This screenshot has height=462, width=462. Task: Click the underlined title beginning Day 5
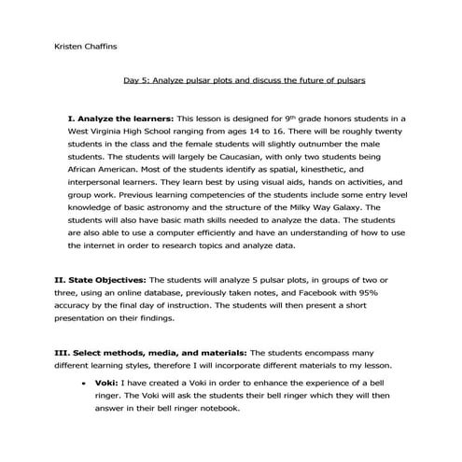point(244,80)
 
